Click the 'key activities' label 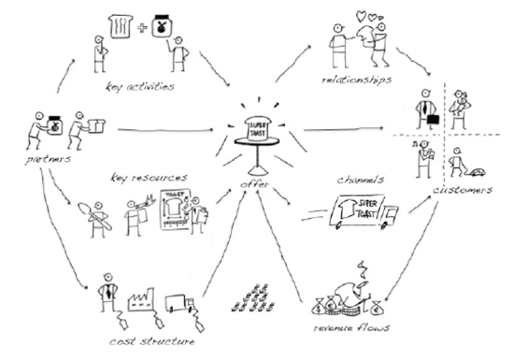coord(140,87)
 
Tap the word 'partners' coord(48,160)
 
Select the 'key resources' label coord(149,178)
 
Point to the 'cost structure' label coord(151,341)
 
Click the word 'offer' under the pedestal coord(254,184)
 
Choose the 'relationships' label coord(356,79)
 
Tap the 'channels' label coord(360,180)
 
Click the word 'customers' coord(463,190)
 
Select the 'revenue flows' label coord(351,327)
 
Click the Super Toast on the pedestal coord(258,128)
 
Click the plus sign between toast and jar coord(142,28)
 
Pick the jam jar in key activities coord(162,26)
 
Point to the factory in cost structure coord(141,299)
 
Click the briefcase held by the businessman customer coord(434,119)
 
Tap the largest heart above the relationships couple coord(362,16)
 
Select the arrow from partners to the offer coord(165,130)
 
